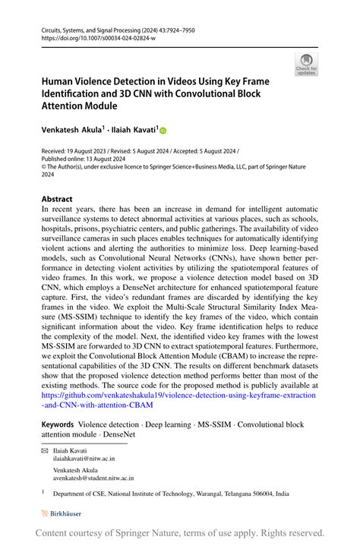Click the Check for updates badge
coord(307,65)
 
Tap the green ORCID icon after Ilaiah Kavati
coord(162,131)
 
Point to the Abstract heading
coord(57,199)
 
